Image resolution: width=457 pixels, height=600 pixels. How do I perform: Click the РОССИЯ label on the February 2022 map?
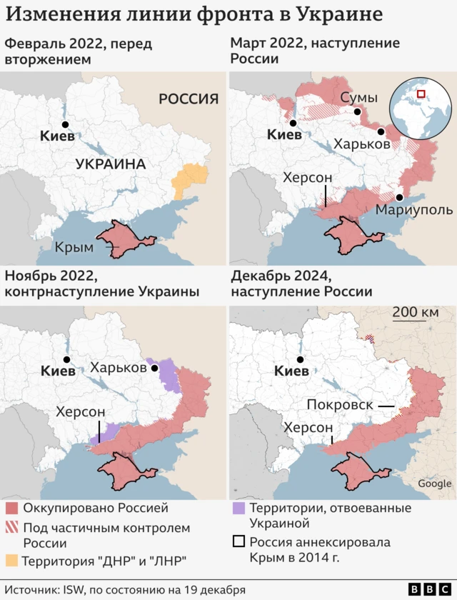(189, 99)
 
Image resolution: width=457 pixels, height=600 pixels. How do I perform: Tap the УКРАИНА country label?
(111, 164)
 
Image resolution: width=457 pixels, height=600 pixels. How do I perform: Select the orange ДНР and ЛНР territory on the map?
(189, 179)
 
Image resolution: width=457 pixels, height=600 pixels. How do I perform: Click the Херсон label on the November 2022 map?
(81, 411)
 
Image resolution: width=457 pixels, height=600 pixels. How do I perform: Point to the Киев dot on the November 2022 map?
(66, 360)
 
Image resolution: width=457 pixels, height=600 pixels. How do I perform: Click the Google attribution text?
(434, 484)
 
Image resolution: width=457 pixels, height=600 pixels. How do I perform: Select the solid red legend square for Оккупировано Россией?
(11, 509)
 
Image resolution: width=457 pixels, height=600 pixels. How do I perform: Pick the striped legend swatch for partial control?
(11, 528)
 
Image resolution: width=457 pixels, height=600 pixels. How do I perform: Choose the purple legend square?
(239, 509)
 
